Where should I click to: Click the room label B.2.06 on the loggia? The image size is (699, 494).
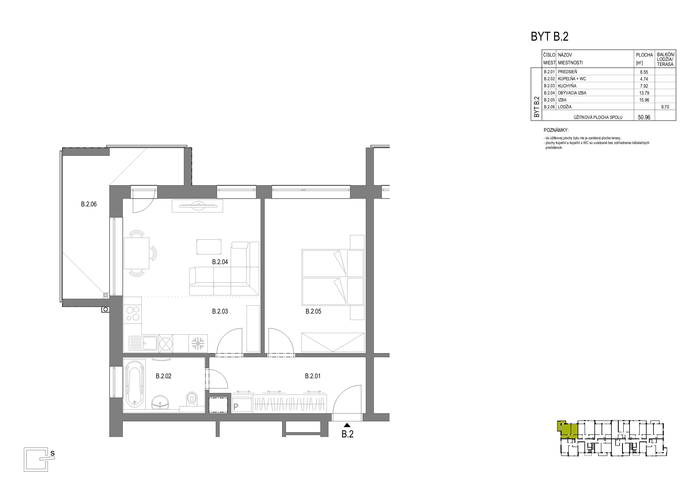pos(89,204)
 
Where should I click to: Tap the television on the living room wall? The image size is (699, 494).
pos(197,206)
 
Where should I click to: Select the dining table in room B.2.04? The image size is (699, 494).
pos(136,254)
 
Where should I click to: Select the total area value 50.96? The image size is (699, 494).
pos(644,117)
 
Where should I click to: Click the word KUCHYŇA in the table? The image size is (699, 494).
pos(567,86)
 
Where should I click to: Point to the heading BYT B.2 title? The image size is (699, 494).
pos(550,36)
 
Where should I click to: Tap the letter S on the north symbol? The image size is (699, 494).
pos(52,453)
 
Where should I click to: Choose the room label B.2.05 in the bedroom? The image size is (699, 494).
pos(313,311)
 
